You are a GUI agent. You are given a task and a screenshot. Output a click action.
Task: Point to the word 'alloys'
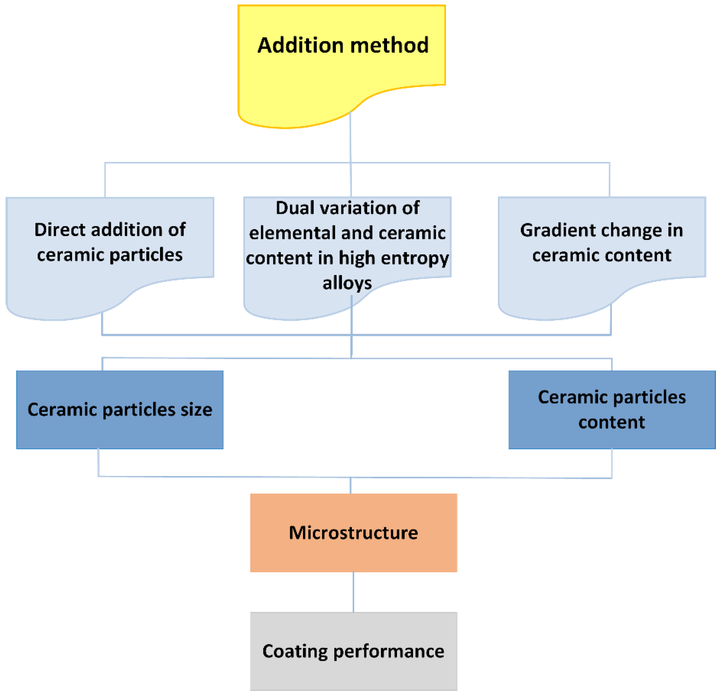coord(347,283)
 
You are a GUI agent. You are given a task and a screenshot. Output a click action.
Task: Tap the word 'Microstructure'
coord(354,533)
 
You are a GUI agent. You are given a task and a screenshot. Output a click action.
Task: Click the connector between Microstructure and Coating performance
coord(354,592)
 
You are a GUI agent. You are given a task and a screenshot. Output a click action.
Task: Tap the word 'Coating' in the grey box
coord(295,652)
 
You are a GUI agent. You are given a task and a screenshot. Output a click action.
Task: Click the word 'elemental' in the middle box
coord(293,233)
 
